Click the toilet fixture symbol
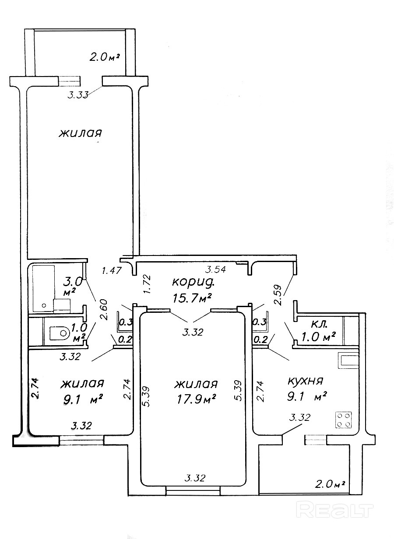60,333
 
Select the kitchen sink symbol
348,360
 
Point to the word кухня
306,381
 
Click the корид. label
193,282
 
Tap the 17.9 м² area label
196,400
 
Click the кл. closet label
319,324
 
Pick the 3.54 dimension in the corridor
215,269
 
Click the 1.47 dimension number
112,271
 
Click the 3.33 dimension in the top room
78,95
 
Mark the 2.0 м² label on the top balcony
105,57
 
